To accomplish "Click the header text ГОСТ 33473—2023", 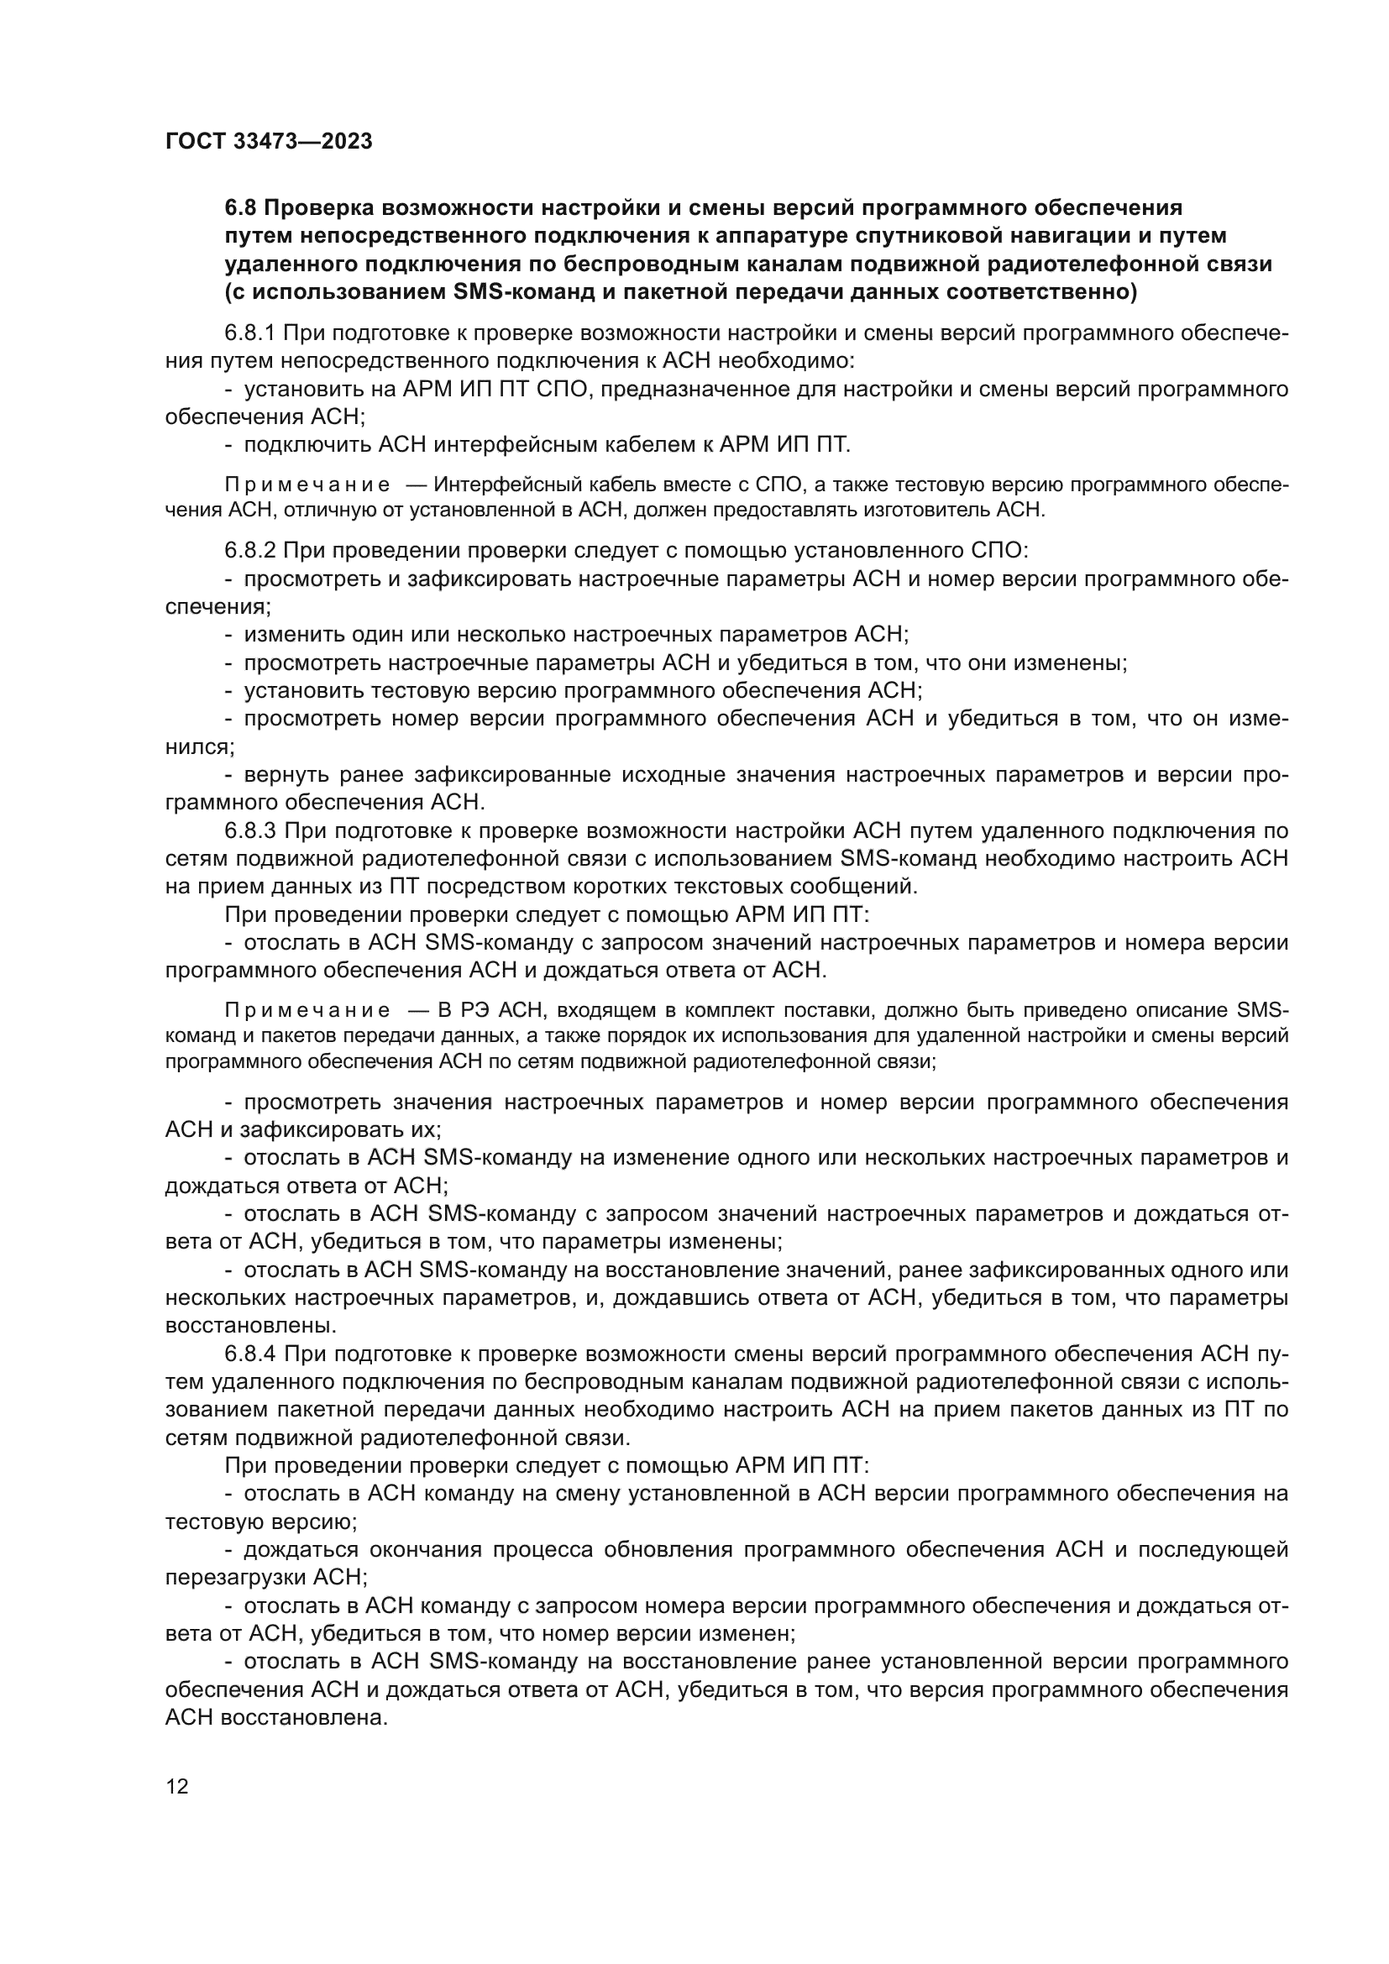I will coord(269,141).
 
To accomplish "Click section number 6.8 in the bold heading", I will coord(240,208).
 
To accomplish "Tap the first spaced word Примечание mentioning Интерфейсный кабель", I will coord(307,485).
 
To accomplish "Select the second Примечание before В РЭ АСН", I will coord(307,1010).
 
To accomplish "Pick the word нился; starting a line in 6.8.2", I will coord(199,746).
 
